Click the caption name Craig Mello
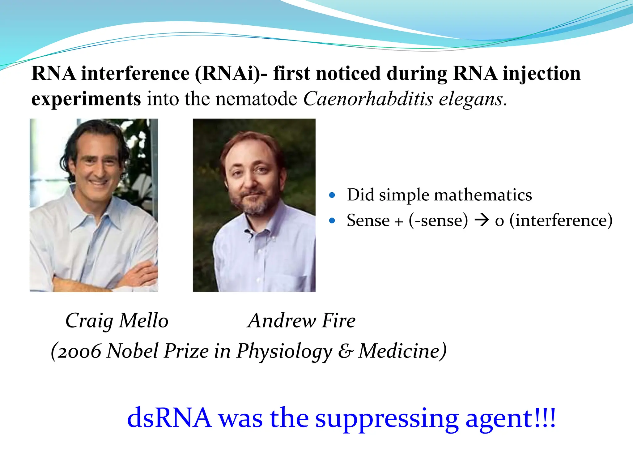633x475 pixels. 117,320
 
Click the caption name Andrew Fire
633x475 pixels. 302,320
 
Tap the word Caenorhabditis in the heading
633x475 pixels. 368,99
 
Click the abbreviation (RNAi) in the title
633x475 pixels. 227,74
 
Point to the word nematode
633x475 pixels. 256,99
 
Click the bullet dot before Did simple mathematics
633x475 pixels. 332,195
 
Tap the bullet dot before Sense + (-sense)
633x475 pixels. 332,220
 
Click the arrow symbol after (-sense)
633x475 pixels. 482,220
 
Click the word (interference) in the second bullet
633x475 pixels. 561,220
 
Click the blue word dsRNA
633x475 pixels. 169,417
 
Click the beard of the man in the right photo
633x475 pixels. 253,203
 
